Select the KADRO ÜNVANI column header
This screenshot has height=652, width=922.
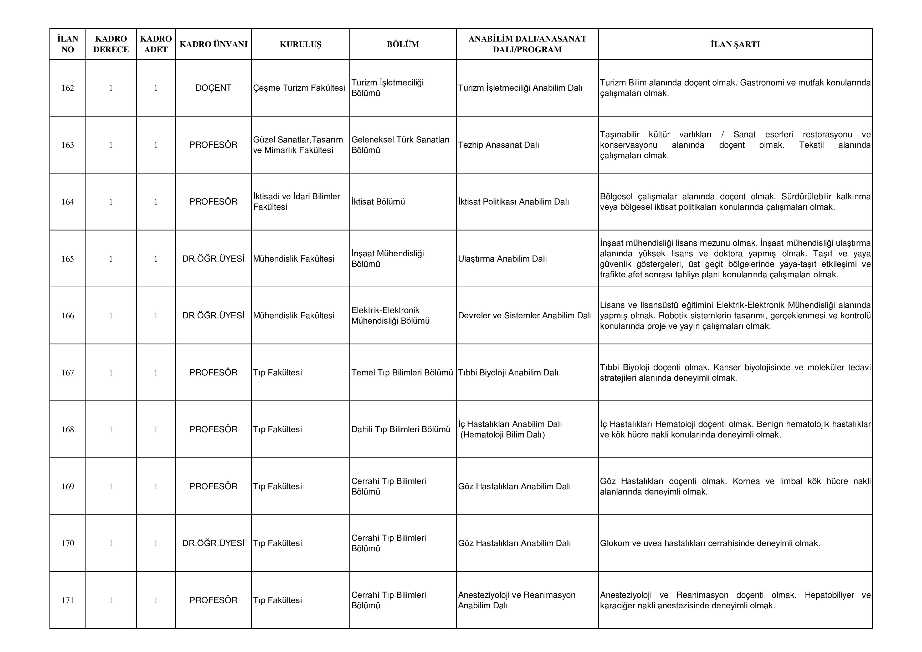pyautogui.click(x=213, y=44)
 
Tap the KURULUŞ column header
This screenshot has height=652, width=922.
pyautogui.click(x=300, y=44)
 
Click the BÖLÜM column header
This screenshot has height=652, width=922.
pyautogui.click(x=403, y=44)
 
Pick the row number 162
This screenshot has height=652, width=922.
pyautogui.click(x=68, y=88)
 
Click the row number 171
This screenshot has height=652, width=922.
pyautogui.click(x=68, y=600)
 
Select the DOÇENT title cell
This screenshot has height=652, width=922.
pyautogui.click(x=213, y=88)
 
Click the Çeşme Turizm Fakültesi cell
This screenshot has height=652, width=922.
pyautogui.click(x=299, y=88)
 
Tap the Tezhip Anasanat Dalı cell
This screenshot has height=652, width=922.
pyautogui.click(x=498, y=145)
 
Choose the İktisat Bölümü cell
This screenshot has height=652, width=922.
pyautogui.click(x=378, y=202)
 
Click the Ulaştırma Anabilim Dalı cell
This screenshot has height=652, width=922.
pyautogui.click(x=502, y=259)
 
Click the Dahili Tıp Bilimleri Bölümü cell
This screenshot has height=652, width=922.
pyautogui.click(x=401, y=429)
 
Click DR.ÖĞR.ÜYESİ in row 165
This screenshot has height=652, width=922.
pyautogui.click(x=213, y=259)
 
